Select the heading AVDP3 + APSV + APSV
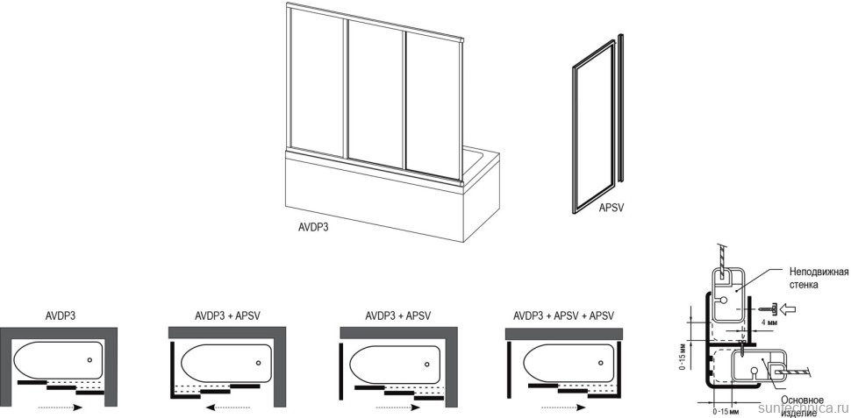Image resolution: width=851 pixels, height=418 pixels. [563, 315]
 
